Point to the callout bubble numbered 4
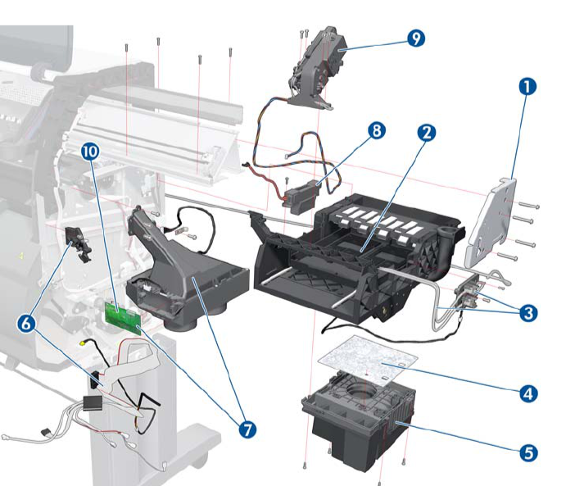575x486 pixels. coord(529,393)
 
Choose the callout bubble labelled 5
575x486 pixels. coord(529,452)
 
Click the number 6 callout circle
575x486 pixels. coord(27,325)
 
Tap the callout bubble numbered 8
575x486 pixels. coord(376,131)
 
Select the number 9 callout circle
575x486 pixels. coord(416,39)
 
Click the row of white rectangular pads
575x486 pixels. coord(378,220)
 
